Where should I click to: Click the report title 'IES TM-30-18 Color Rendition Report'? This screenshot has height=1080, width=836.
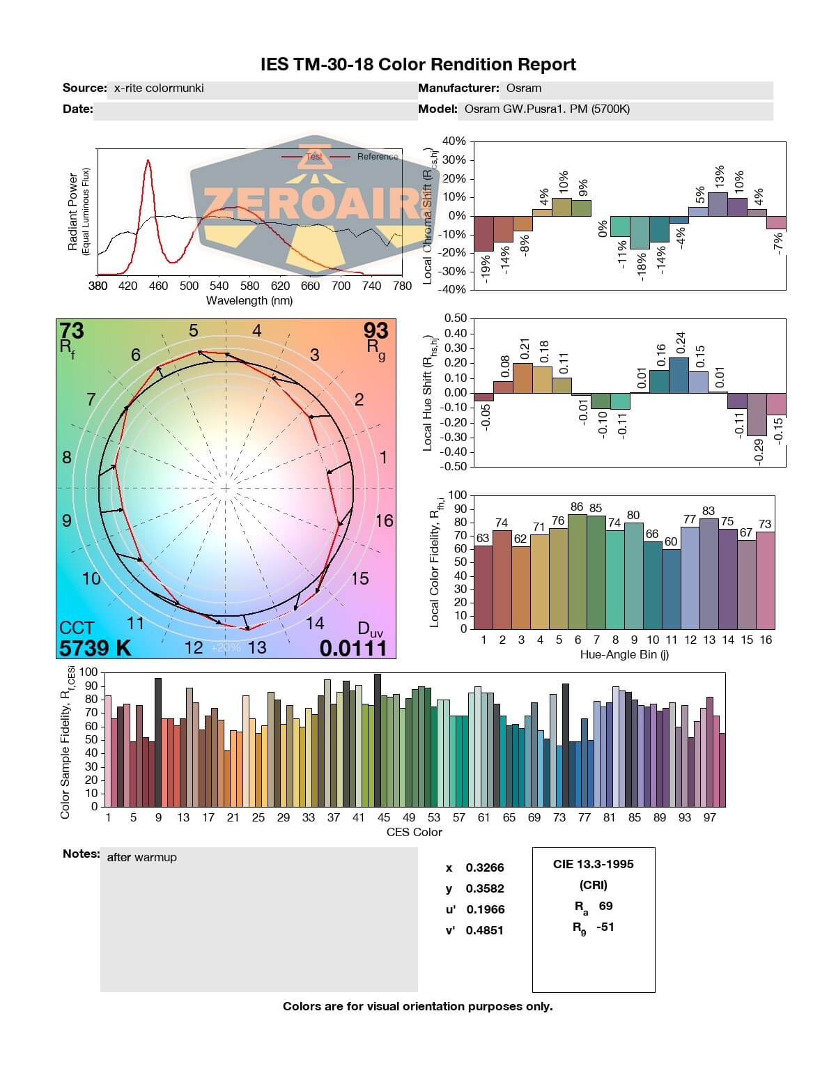coord(418,65)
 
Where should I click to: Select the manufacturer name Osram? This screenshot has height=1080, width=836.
coord(524,88)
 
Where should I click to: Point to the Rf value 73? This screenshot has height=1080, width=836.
coord(72,330)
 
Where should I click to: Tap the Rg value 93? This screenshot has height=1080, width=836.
coord(376,330)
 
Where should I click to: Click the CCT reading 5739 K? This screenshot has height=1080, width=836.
coord(95,649)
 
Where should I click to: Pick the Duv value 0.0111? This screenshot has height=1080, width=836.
coord(353,649)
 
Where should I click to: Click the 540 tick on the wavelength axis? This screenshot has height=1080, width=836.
coord(219,286)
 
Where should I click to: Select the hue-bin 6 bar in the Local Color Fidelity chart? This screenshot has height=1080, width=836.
coord(578,571)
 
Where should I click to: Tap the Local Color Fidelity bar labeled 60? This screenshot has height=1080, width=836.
coord(671,589)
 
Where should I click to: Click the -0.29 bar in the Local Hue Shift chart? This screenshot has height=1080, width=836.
coord(757,415)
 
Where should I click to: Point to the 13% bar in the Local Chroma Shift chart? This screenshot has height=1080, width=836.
coord(718,204)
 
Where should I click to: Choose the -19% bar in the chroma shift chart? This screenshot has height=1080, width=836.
coord(483,233)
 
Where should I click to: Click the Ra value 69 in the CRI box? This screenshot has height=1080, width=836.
coord(605,907)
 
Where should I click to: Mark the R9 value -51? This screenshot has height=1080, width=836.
coord(605,927)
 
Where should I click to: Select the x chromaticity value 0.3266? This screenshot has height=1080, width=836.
coord(485,868)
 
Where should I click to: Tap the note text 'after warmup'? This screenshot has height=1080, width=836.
coord(141,858)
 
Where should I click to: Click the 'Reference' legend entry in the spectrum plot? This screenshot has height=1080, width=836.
coord(378,157)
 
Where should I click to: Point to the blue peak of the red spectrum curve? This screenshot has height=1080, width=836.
coord(148,162)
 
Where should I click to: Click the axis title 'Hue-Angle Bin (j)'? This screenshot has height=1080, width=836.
coord(624,655)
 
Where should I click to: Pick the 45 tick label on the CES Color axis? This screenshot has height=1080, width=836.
coord(384,818)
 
